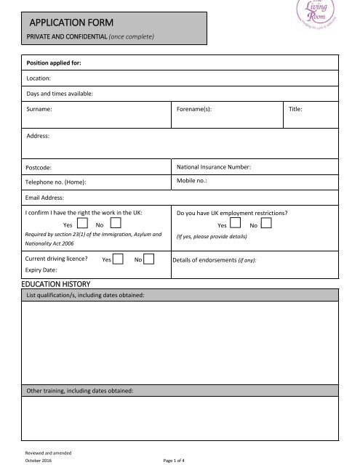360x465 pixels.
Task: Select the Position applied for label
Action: (x=53, y=63)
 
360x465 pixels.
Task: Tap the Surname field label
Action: (x=39, y=110)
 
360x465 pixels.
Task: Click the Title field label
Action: (x=296, y=110)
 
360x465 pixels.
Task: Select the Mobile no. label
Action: (x=192, y=180)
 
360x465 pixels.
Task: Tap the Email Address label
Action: (x=45, y=197)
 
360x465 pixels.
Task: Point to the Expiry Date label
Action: (x=41, y=270)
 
